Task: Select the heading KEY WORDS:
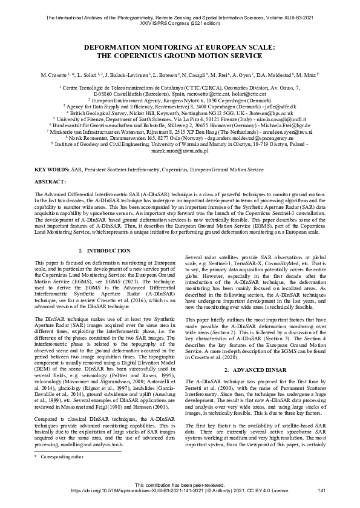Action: point(51,171)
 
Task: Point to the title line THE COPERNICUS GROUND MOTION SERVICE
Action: point(180,56)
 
